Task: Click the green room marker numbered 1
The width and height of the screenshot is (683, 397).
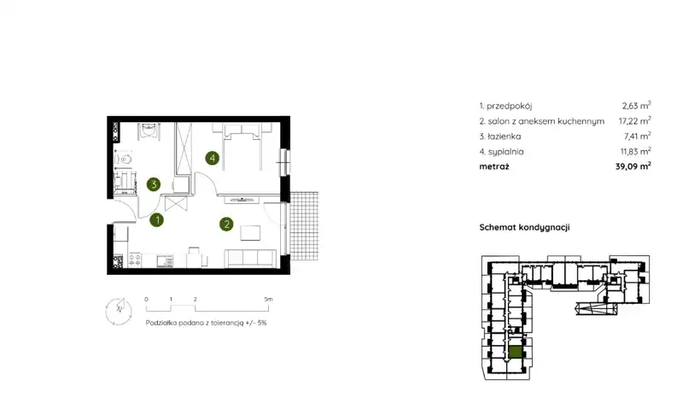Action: (x=157, y=220)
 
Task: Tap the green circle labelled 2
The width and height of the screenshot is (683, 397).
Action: (x=226, y=224)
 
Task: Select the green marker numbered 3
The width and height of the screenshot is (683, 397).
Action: (x=154, y=184)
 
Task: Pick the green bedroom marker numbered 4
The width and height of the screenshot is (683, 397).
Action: (x=212, y=158)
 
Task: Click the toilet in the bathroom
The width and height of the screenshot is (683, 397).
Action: (x=124, y=160)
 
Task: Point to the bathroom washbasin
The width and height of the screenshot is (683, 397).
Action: (x=149, y=130)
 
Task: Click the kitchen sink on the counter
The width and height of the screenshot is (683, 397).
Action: (x=165, y=261)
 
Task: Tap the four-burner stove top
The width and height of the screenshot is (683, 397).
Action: (x=135, y=260)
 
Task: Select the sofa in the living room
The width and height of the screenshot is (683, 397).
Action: (x=250, y=258)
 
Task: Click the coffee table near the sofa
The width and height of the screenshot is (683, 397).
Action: (x=250, y=232)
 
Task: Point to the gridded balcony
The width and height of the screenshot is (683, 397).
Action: (x=304, y=225)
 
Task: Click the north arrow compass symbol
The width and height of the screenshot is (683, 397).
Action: (x=119, y=311)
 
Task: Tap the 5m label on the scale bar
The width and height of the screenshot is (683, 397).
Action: (x=268, y=300)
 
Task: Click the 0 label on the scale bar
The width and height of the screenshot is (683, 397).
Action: (x=146, y=300)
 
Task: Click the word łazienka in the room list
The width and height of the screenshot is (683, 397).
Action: (x=504, y=137)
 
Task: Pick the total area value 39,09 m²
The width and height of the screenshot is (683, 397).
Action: (x=633, y=166)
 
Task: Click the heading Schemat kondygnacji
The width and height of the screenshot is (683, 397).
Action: (x=524, y=227)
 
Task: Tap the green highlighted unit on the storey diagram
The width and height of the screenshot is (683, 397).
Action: (x=516, y=352)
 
